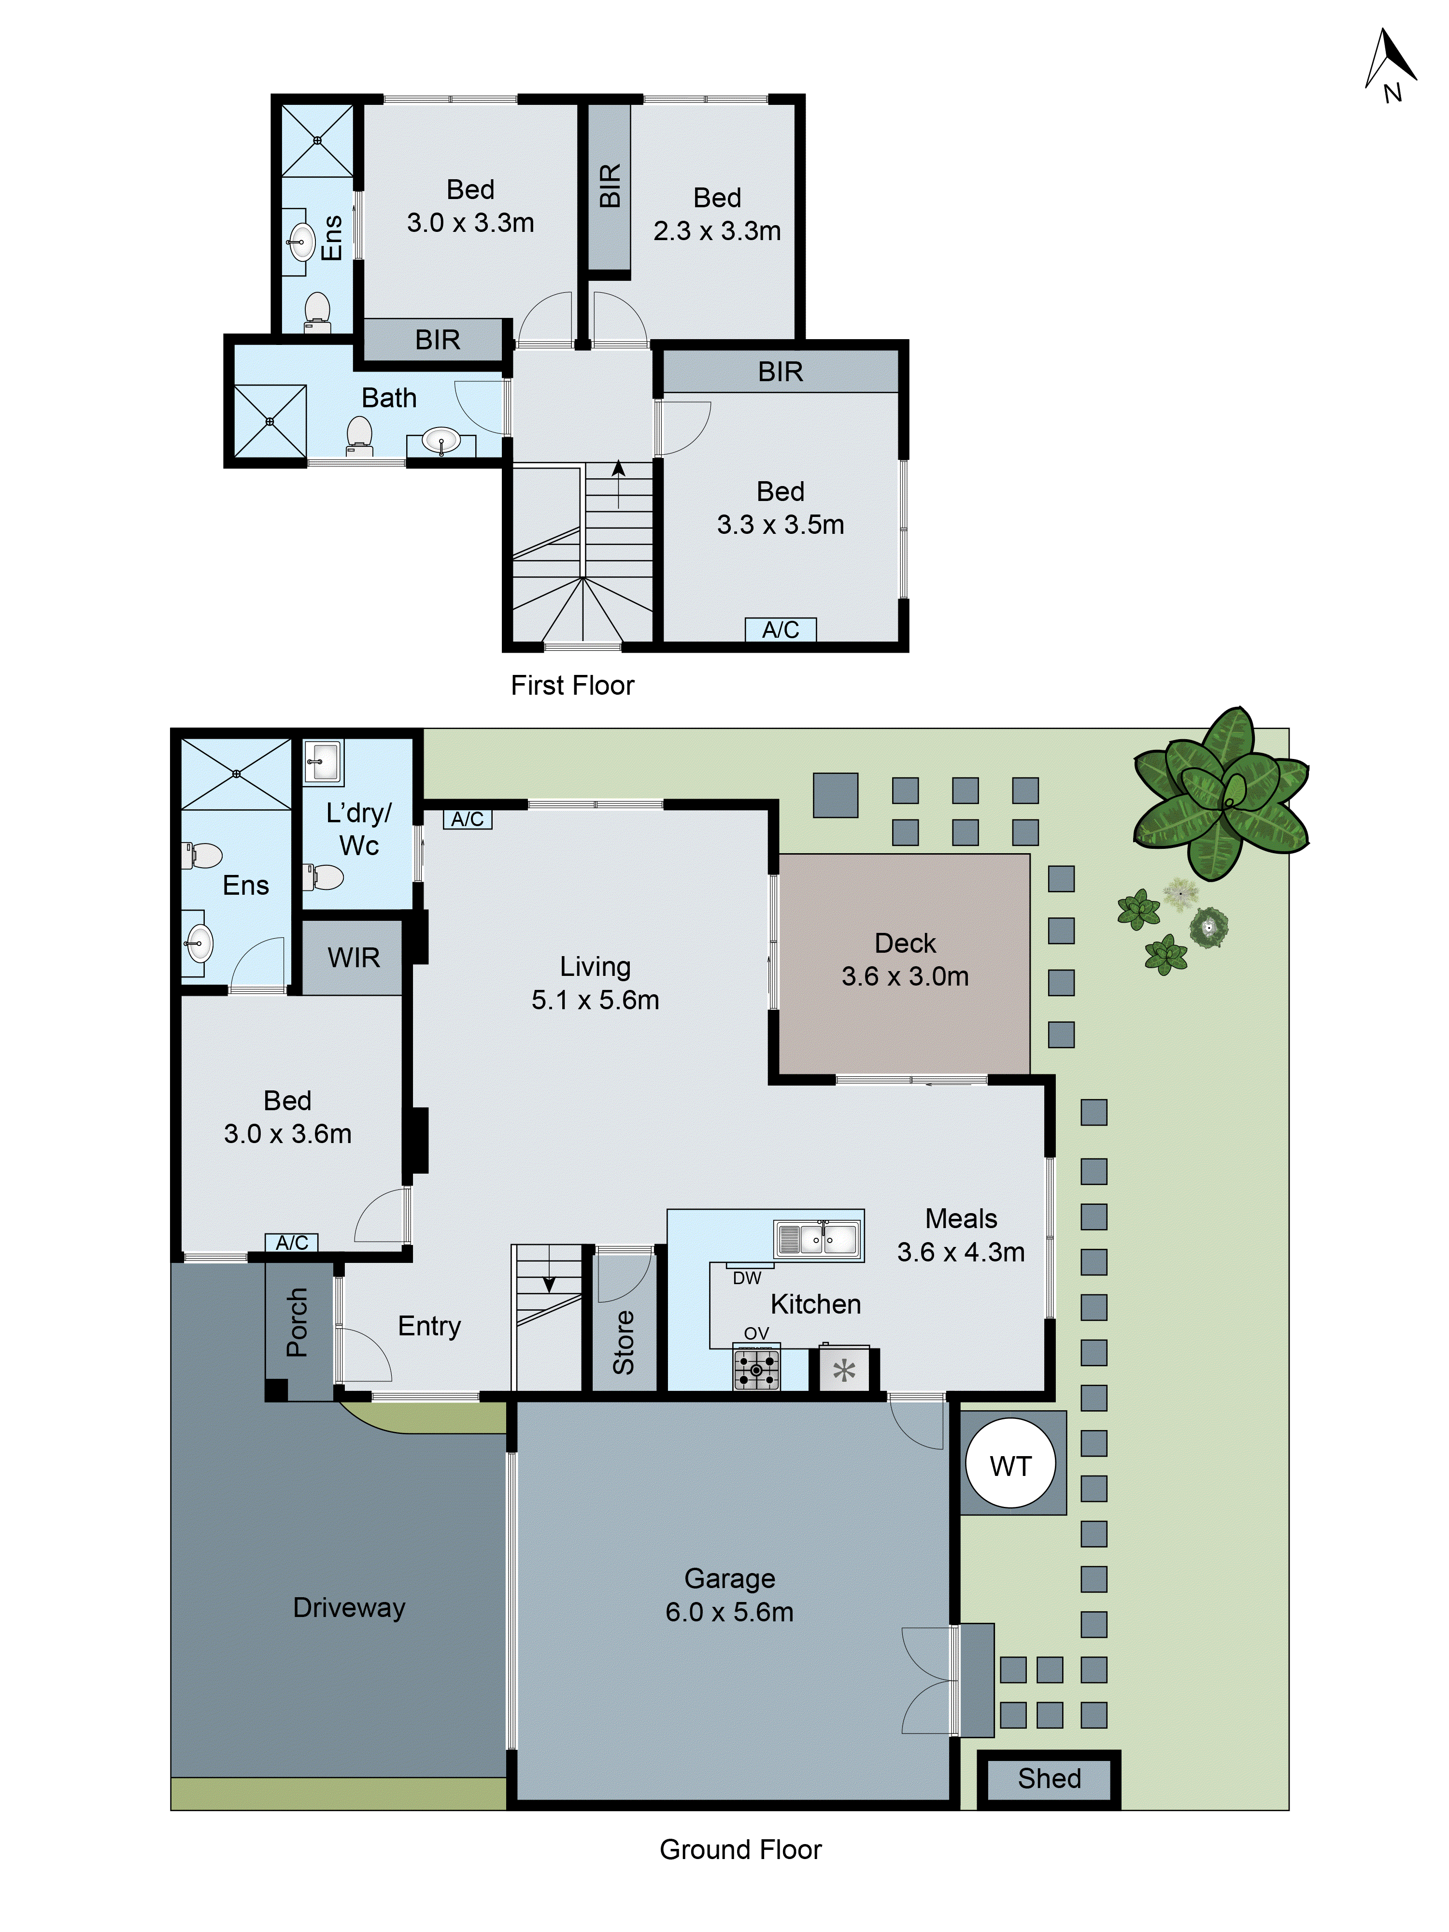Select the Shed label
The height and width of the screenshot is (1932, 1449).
[x=1049, y=1778]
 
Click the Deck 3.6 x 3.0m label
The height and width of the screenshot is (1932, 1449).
[x=905, y=959]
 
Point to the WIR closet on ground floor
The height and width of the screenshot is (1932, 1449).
[x=353, y=957]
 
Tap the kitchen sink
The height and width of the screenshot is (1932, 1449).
[x=818, y=1239]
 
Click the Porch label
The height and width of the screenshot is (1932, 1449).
[x=297, y=1322]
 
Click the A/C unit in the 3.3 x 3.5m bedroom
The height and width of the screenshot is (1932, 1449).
[x=780, y=630]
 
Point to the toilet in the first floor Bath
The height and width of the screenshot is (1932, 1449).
[x=359, y=434]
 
